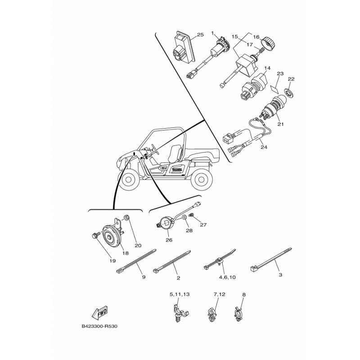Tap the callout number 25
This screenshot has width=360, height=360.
(200, 35)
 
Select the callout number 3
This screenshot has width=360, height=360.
(280, 274)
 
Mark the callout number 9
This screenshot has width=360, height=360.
(144, 278)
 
